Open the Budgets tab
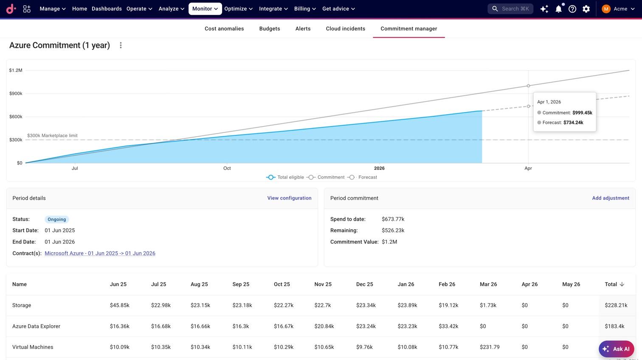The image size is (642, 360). point(269,29)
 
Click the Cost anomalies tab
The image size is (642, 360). point(224,29)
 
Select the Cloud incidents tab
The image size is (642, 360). point(345,29)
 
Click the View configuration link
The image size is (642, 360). point(289,198)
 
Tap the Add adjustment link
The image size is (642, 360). point(611,198)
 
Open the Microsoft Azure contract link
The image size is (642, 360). point(100,253)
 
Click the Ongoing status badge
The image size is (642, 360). point(57,219)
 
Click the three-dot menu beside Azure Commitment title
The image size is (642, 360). point(121,45)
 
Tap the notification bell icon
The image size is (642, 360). point(559,9)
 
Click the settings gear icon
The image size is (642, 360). point(586,9)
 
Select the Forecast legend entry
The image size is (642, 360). point(363,177)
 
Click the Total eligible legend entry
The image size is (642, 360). point(285,177)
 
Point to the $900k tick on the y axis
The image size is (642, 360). point(16,93)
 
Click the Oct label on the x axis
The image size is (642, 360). point(227,168)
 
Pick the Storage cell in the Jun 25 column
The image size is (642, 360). point(119,305)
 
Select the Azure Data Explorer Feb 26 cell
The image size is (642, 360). point(448,326)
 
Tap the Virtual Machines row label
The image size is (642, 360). point(33,347)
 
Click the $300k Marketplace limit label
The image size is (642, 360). point(52,135)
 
